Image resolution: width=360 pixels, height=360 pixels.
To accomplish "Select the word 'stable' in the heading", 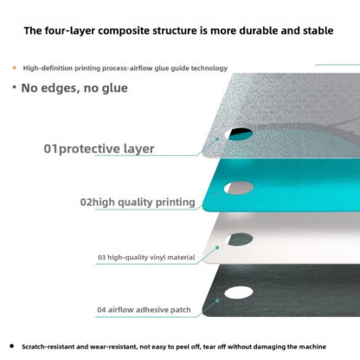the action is point(318,30).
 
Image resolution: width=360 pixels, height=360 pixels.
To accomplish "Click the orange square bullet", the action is point(14,67).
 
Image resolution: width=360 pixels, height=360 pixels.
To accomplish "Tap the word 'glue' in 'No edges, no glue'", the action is point(114,88).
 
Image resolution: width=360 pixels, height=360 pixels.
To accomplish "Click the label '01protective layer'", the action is point(99,149).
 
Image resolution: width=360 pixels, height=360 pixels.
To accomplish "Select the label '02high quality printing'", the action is point(138,202).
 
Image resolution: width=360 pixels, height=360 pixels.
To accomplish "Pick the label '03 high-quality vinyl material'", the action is point(146,257).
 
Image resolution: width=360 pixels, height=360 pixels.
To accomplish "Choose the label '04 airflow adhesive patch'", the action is point(144,310).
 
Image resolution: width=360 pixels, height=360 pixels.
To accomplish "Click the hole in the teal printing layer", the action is point(239,188).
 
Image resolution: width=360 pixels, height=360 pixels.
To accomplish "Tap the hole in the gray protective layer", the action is point(239,134).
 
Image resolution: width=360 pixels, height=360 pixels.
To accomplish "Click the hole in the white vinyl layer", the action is point(239,239).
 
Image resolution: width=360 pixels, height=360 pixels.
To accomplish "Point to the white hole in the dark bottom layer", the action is point(239,292).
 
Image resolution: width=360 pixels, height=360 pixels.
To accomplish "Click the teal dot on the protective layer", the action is point(217,139).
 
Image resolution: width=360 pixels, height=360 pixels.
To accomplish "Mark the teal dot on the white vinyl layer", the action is point(217,247).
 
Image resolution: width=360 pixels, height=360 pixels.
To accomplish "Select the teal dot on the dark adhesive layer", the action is point(217,300).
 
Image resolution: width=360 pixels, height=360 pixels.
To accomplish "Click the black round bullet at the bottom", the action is point(11,346).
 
